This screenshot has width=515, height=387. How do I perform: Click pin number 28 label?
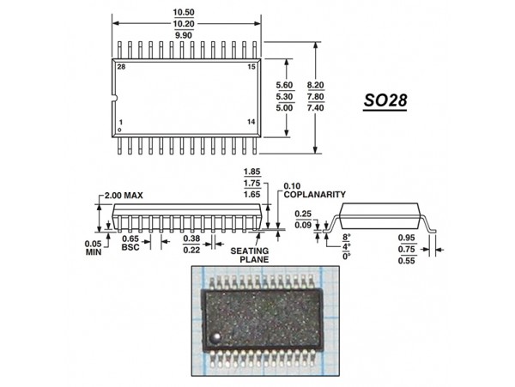pyautogui.click(x=121, y=67)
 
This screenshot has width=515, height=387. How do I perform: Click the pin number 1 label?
pyautogui.click(x=121, y=123)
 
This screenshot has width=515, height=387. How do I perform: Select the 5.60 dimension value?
pyautogui.click(x=283, y=85)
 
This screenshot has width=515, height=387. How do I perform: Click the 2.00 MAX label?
pyautogui.click(x=123, y=196)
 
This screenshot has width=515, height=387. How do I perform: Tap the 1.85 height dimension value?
pyautogui.click(x=252, y=171)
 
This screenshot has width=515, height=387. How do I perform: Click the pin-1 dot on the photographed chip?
pyautogui.click(x=217, y=331)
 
